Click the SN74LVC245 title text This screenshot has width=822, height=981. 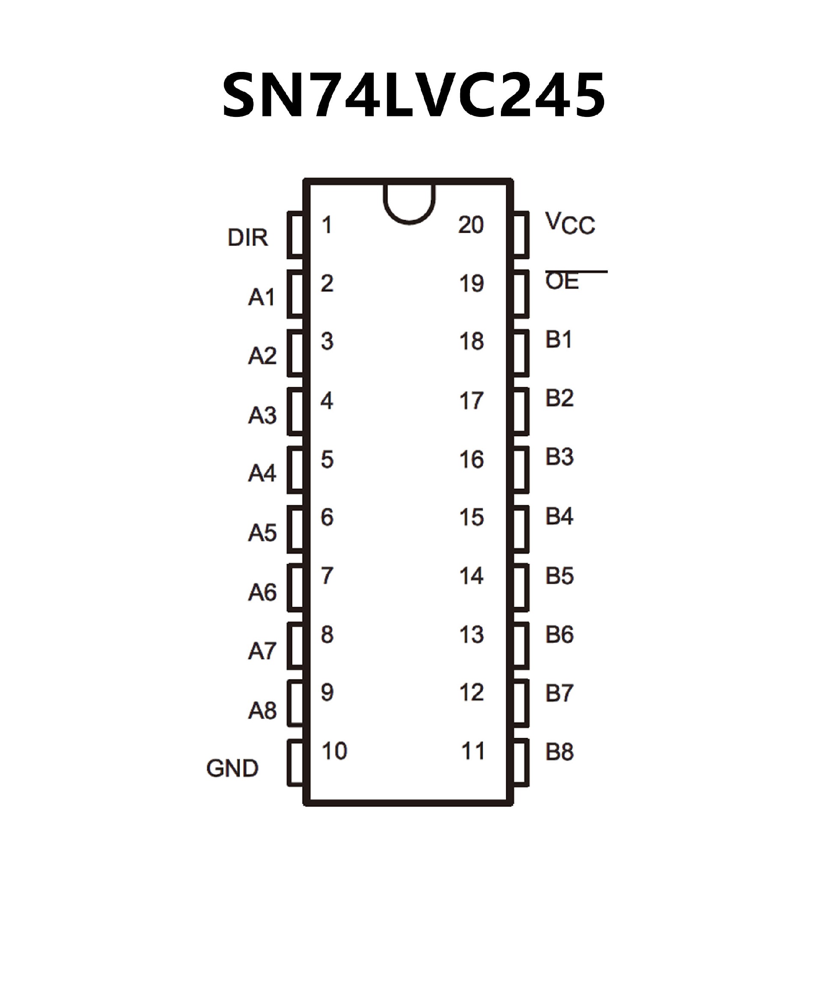pos(414,95)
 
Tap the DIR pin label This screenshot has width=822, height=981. pos(247,238)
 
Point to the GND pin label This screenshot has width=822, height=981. pos(232,769)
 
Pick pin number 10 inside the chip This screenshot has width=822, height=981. pos(334,751)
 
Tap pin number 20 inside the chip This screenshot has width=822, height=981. pos(471,225)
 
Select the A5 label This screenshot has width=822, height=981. pos(262,533)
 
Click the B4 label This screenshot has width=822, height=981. pos(560,516)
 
